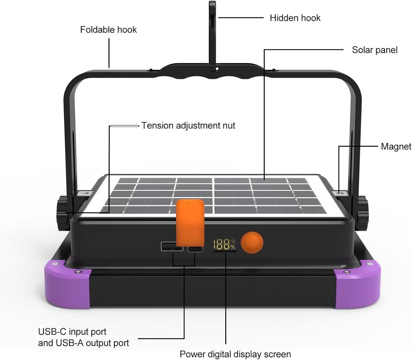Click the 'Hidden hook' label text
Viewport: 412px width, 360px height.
(295, 18)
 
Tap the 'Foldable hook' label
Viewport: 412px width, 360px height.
(108, 30)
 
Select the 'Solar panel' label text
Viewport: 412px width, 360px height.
(374, 50)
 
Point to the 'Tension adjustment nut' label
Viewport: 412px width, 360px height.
(188, 126)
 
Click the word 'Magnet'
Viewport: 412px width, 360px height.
(396, 147)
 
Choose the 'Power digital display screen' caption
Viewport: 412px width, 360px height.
(235, 354)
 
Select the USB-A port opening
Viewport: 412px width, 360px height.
(172, 246)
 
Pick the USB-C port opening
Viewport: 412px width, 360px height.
(195, 249)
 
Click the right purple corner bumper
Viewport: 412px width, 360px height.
(358, 284)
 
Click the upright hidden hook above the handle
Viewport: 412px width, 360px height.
(212, 32)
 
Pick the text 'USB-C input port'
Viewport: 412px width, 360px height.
(72, 332)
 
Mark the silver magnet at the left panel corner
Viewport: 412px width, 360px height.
(84, 194)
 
